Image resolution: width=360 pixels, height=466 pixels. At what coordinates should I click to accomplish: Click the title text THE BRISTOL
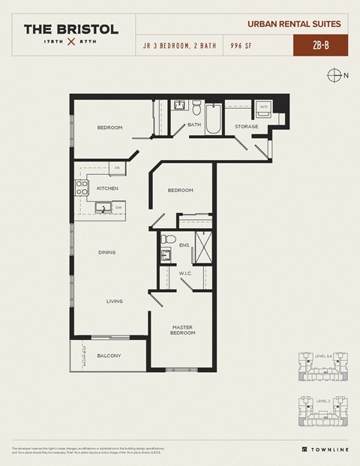pyautogui.click(x=70, y=29)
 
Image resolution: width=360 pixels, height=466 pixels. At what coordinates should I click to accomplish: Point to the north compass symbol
pyautogui.click(x=334, y=74)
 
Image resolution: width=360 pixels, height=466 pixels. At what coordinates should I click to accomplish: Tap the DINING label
pyautogui.click(x=106, y=252)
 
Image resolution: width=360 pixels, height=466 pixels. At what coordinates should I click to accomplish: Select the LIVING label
pyautogui.click(x=114, y=301)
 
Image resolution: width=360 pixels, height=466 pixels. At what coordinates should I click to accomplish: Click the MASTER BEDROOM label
pyautogui.click(x=183, y=329)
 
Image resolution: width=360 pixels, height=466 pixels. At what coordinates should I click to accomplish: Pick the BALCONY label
pyautogui.click(x=109, y=355)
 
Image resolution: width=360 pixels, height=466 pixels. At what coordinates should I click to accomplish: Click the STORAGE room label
pyautogui.click(x=246, y=126)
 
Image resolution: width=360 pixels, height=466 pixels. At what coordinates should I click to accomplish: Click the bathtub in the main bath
pyautogui.click(x=214, y=120)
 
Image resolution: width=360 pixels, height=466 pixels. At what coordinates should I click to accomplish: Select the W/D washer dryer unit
pyautogui.click(x=263, y=107)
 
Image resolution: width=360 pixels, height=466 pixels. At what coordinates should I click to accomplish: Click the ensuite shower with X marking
pyautogui.click(x=204, y=245)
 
